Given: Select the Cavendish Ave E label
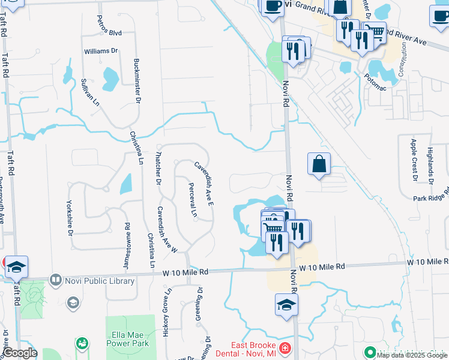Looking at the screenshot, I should point(204,184).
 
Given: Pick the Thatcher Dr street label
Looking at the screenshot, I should point(158,167).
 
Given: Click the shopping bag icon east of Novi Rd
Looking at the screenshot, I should point(319,164).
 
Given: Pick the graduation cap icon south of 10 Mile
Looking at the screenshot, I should point(287,305).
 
